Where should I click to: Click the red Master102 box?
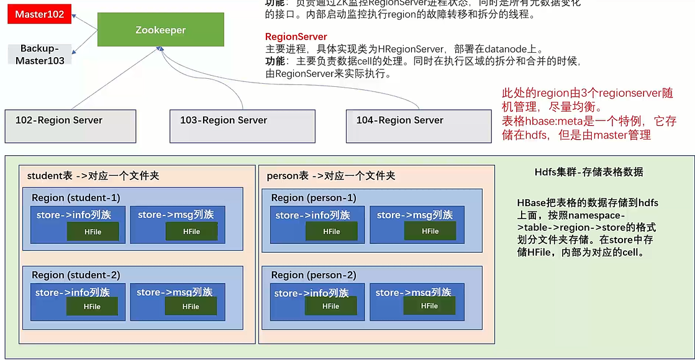coord(40,14)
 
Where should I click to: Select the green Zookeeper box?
coord(161,30)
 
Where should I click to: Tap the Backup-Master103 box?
coord(40,54)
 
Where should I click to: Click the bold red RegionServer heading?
coord(296,37)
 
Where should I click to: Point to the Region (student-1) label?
coord(76,197)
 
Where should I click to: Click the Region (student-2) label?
coord(76,275)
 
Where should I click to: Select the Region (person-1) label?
coord(314,197)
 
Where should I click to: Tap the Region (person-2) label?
coord(314,275)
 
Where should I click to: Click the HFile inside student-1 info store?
coord(93,232)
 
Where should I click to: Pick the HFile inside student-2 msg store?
coord(191,306)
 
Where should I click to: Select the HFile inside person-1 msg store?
coord(430,231)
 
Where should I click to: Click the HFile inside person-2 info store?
coord(331,306)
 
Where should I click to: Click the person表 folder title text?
coord(330,176)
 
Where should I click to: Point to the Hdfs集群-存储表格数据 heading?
coord(589,172)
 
